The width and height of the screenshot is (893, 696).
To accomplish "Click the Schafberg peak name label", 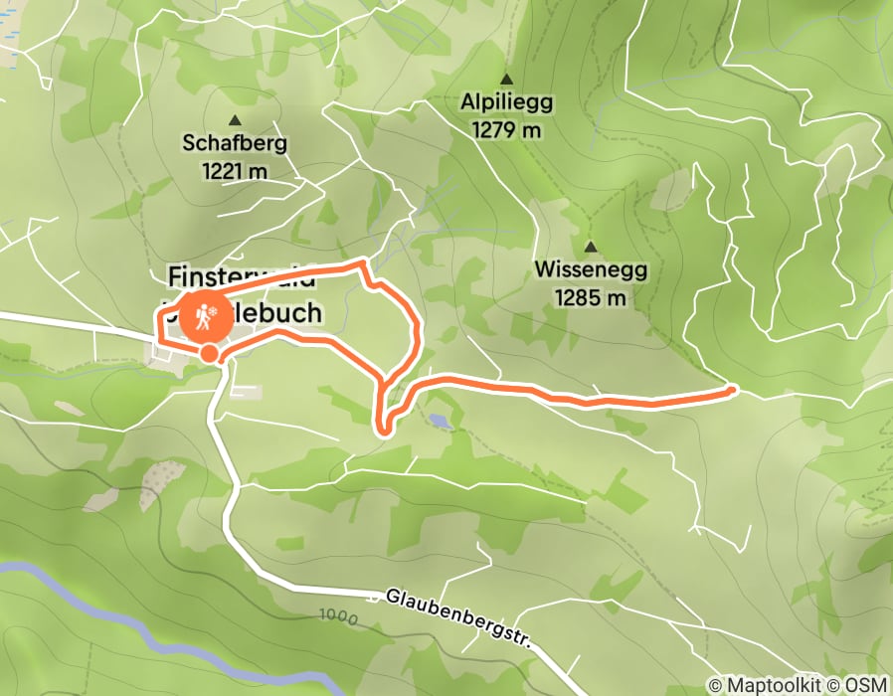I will tap(235, 142).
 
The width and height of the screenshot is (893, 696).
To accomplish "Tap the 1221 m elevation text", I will tap(235, 170).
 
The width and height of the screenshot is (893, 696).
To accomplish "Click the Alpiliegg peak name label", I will tap(506, 101).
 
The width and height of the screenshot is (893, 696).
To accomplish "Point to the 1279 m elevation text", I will tap(506, 129).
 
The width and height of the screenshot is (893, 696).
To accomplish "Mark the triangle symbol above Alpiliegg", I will tap(506, 79).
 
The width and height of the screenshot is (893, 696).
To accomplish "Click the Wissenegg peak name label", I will tap(591, 269).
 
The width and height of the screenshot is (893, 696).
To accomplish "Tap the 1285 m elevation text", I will tap(591, 296).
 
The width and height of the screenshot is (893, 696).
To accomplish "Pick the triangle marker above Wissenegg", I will tap(591, 247).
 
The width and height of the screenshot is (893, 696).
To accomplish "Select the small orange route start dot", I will tap(209, 353).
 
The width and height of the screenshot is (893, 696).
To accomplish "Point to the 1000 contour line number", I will tap(339, 616).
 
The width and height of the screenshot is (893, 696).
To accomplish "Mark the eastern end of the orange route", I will tap(733, 391).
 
